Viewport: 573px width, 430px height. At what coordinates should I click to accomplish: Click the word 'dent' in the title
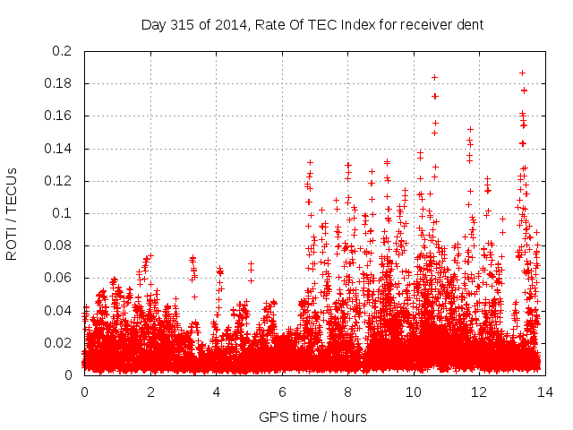click(x=469, y=25)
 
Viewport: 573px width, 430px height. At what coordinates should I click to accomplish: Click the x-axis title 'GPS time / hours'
click(x=312, y=417)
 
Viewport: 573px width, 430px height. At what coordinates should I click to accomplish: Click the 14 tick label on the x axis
click(x=545, y=391)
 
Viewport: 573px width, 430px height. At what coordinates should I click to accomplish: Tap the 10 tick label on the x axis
click(x=414, y=391)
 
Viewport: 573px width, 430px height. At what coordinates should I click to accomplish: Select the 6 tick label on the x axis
click(x=282, y=391)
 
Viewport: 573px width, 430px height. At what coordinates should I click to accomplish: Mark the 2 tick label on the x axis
click(x=150, y=391)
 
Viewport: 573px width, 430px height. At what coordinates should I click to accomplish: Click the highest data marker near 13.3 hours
click(x=522, y=73)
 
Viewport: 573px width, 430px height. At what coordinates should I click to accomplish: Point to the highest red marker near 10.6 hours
click(x=434, y=77)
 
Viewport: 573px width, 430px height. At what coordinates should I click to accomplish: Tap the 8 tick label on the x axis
click(x=347, y=391)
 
